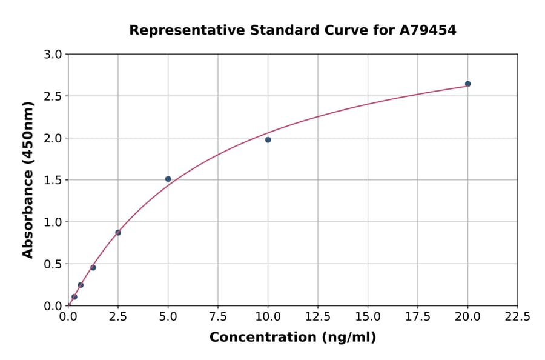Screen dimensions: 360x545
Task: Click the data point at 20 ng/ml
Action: [x=467, y=84]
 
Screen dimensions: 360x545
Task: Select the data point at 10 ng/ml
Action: [x=268, y=140]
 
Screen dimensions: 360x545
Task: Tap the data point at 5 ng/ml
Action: [x=168, y=179]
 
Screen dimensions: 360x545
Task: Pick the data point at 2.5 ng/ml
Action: [x=118, y=233]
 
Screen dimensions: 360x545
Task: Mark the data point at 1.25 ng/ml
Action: [x=93, y=267]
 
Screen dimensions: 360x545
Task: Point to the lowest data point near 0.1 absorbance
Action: [x=74, y=297]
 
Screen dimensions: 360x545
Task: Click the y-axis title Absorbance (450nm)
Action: [x=28, y=179]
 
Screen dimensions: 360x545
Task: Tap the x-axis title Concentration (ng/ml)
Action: [x=292, y=338]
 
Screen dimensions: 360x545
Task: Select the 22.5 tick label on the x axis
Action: [x=518, y=317]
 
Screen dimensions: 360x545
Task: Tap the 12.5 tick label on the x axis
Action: [x=318, y=317]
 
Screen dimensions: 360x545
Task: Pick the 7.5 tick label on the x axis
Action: [x=218, y=317]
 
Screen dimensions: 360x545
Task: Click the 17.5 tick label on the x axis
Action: [x=418, y=317]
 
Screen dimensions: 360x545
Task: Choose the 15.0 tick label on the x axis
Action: [x=368, y=317]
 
